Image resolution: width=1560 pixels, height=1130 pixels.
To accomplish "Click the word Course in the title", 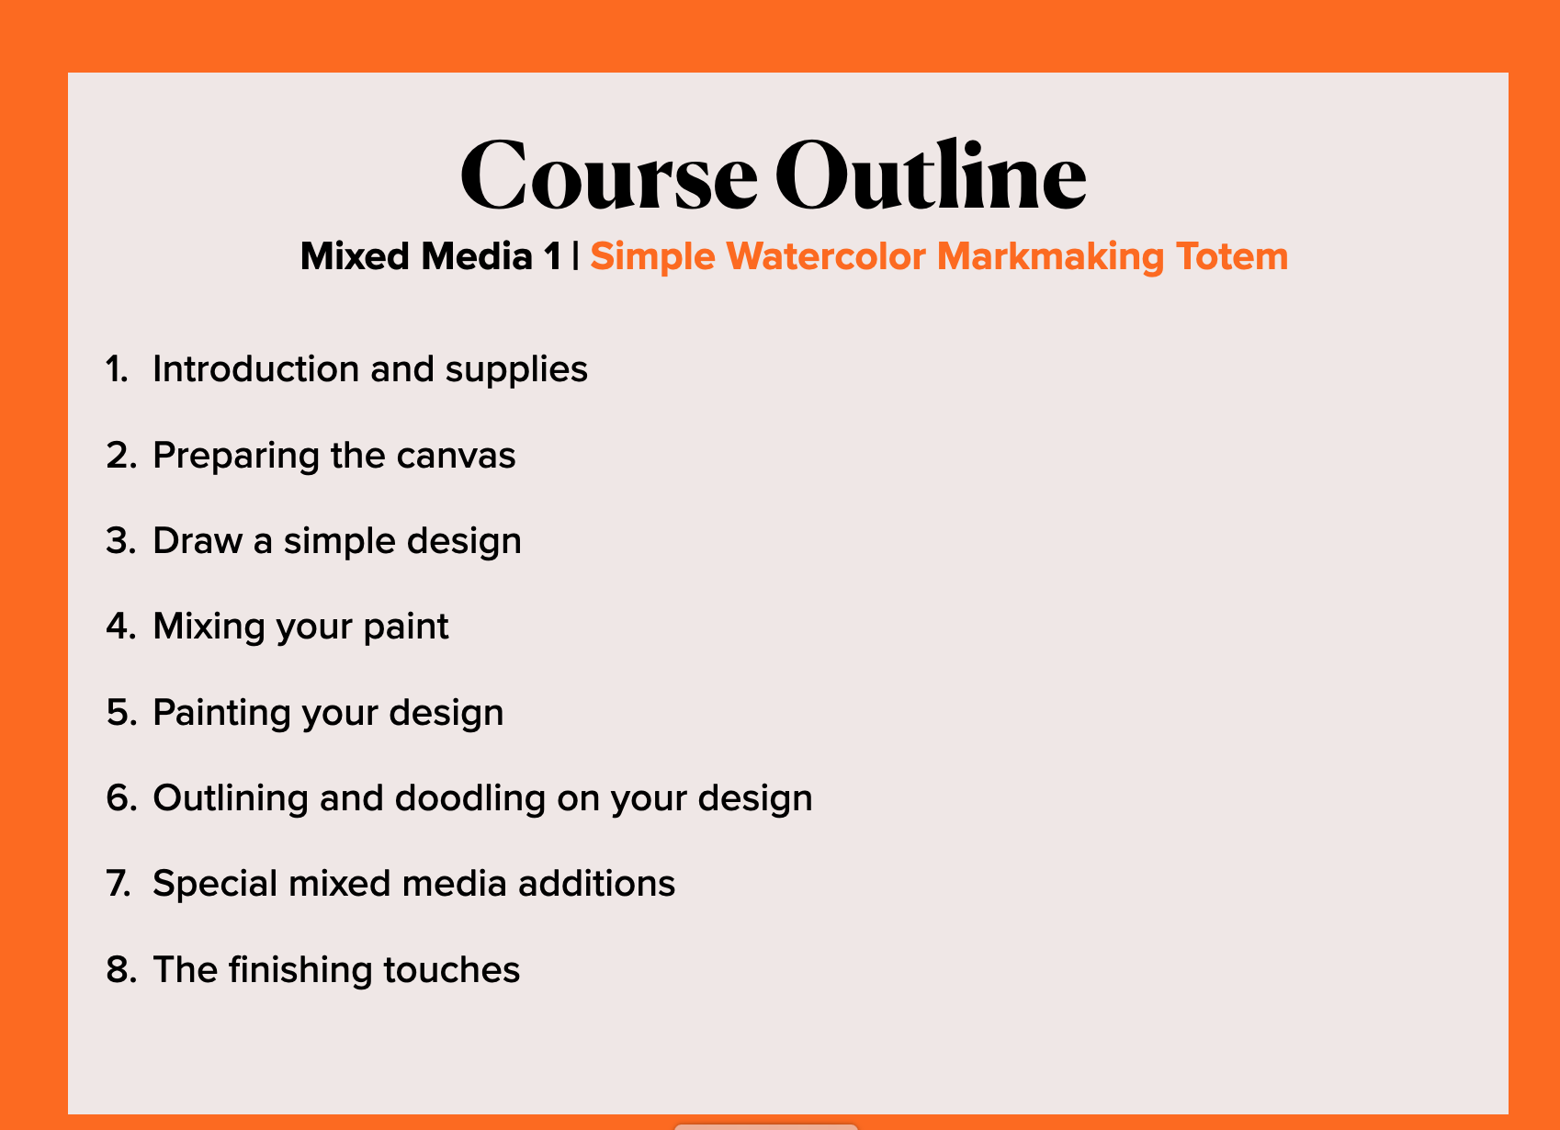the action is pos(609,175).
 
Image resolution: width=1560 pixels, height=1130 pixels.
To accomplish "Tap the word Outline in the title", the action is pos(931,174).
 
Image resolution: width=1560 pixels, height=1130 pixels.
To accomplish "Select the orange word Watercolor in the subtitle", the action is pos(826,256).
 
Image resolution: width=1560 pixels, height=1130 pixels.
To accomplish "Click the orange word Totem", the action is pos(1232,256).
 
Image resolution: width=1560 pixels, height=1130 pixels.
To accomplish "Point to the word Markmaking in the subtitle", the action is pos(1050,257).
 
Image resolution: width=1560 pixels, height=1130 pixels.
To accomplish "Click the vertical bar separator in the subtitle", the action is pos(575,255).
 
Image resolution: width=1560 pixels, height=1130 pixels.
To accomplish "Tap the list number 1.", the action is pos(117,368).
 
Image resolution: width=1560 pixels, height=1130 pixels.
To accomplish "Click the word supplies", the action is pos(516,370).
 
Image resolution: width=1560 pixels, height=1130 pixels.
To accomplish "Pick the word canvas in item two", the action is pos(456,457).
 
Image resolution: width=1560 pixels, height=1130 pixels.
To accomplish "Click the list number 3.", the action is pos(121,540).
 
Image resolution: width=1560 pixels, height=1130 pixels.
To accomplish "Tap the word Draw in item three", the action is pos(198,540).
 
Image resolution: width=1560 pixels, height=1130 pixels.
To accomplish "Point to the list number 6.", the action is pos(121,798).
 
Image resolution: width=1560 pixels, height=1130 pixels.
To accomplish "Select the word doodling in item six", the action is pos(470,799).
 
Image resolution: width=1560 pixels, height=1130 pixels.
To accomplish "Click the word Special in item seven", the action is pos(215,885).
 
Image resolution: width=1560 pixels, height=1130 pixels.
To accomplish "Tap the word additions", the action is pos(596,883).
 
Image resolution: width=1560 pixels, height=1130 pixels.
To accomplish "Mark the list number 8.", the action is pos(121,969).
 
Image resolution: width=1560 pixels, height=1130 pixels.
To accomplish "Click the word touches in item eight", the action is pos(451,969).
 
